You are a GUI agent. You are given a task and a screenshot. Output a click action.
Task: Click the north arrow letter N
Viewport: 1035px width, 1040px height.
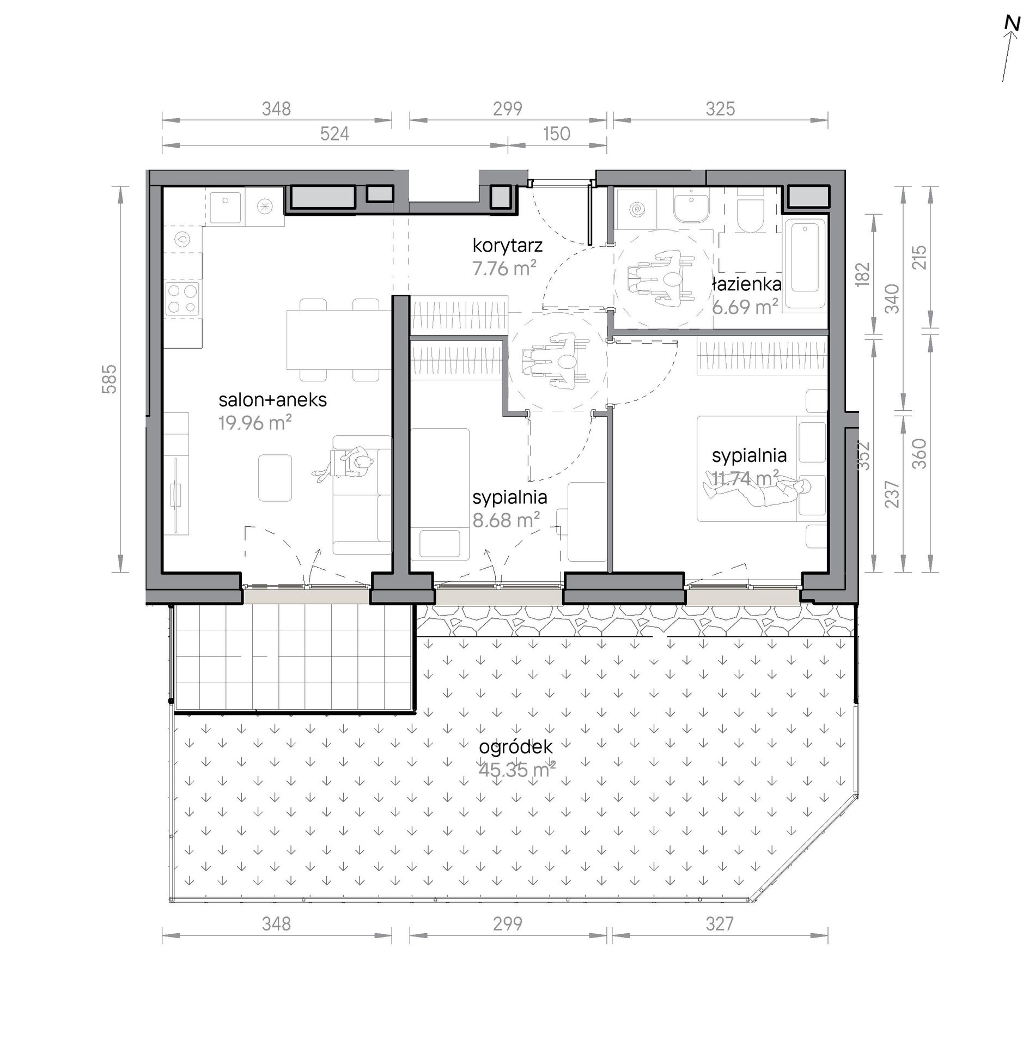1012,24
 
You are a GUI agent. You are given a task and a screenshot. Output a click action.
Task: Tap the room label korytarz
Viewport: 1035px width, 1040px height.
507,246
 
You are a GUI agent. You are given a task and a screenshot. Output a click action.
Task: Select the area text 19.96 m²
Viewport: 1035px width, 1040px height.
255,422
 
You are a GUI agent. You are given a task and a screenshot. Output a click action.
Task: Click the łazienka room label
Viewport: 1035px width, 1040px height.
746,283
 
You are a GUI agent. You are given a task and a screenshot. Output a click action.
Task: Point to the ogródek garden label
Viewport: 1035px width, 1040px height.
515,747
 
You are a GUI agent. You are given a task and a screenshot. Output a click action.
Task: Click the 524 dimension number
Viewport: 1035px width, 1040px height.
334,133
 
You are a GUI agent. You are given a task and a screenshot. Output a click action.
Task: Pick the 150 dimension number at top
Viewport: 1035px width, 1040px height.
556,133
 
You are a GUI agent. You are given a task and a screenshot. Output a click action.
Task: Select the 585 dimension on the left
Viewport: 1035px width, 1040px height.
109,379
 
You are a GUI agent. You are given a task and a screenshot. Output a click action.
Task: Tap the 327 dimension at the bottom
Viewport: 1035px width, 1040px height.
719,923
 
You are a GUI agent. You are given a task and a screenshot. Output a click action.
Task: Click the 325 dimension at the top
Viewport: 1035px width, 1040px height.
720,109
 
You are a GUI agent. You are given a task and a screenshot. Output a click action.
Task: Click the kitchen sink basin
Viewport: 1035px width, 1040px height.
226,206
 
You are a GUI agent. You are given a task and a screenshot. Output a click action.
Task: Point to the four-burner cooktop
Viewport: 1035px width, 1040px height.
183,299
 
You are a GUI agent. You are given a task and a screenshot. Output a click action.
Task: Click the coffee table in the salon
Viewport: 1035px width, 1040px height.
275,478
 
